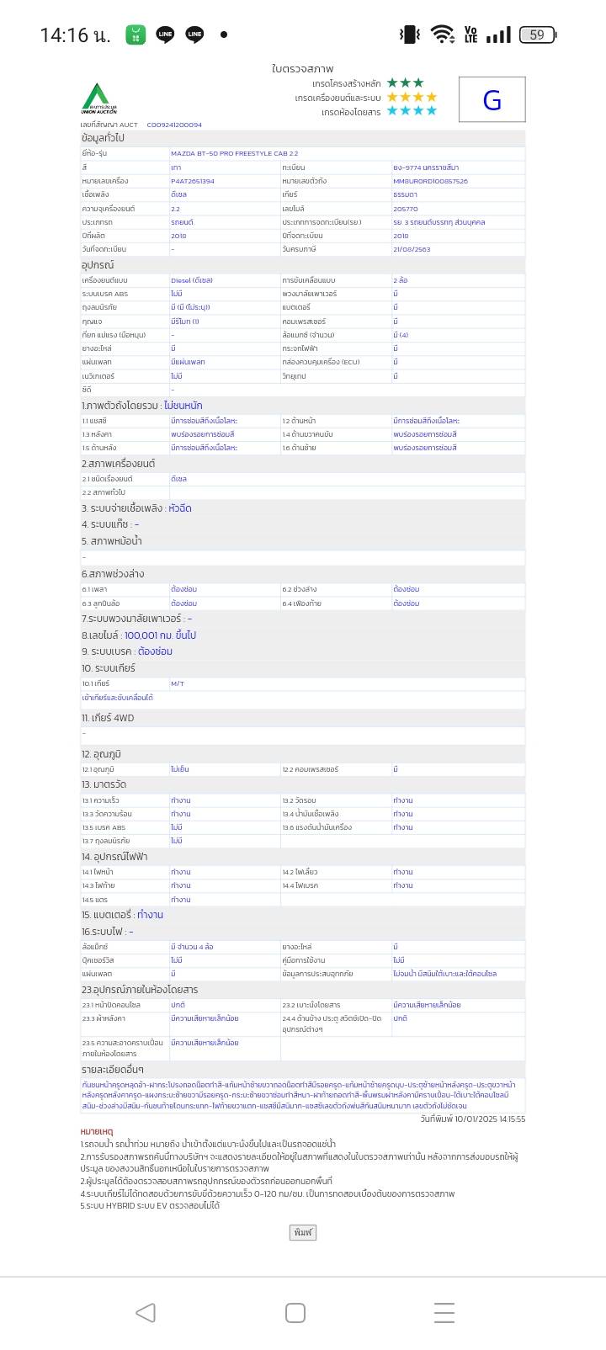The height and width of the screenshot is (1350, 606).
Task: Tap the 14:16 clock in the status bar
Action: click(x=74, y=35)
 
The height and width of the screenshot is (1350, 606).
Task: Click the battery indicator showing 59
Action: click(x=537, y=35)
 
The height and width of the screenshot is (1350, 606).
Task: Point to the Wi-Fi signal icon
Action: click(x=441, y=34)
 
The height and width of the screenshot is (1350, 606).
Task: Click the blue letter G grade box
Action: click(x=492, y=100)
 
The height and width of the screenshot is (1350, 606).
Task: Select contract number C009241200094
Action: click(x=174, y=125)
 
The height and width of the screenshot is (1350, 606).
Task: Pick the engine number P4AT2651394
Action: click(x=192, y=181)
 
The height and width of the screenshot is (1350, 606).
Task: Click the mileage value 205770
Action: click(x=405, y=209)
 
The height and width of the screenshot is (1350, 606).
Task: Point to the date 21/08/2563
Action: click(x=412, y=249)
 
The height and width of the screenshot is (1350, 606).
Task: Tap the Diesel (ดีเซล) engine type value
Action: click(x=191, y=280)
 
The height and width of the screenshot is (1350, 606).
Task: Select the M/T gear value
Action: click(x=178, y=683)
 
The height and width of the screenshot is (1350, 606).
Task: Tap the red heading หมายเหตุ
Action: click(x=97, y=1132)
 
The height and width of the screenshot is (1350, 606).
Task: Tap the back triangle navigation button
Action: click(x=146, y=1312)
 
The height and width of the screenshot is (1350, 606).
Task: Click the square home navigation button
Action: click(x=295, y=1312)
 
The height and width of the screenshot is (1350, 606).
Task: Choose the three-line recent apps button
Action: click(x=444, y=1312)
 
